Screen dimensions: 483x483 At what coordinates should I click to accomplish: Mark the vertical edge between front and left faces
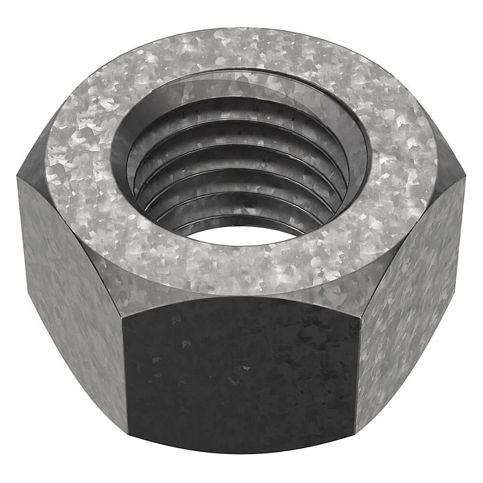[124, 377]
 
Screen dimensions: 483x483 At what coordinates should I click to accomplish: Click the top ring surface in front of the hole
[241, 266]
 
